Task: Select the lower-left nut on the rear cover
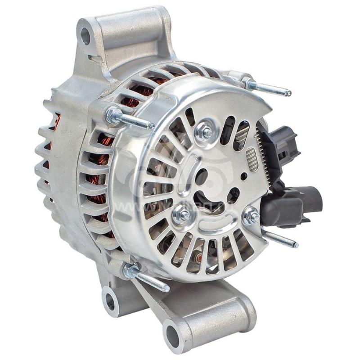click(x=182, y=215)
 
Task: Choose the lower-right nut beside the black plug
click(x=251, y=216)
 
